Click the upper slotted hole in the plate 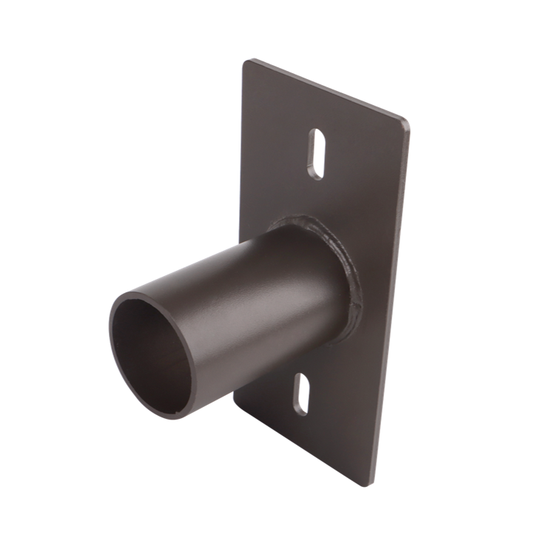pyautogui.click(x=316, y=155)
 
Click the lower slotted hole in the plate pyautogui.click(x=302, y=394)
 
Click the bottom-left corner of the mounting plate pyautogui.click(x=235, y=403)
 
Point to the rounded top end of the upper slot pyautogui.click(x=318, y=135)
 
